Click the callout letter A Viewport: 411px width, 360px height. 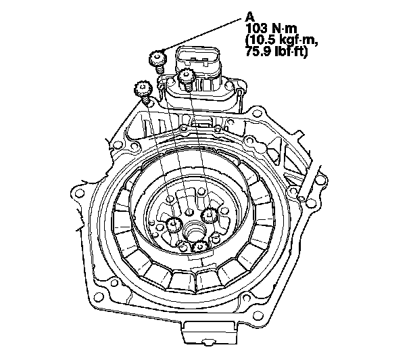click(250, 18)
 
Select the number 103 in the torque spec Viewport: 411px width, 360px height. click(257, 28)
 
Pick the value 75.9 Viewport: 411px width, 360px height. click(257, 51)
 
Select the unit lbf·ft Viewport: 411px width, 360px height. click(288, 51)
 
